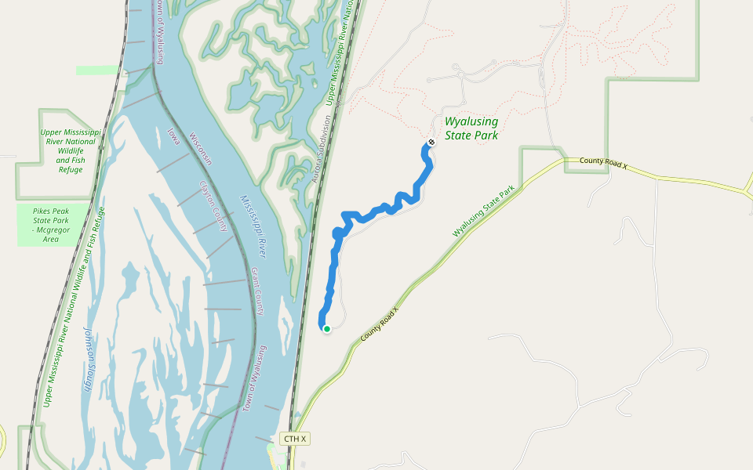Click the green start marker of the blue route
coord(326,329)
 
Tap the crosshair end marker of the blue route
coord(431,142)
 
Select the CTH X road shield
coord(294,439)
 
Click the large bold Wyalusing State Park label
coord(471,128)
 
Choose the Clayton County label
coord(213,207)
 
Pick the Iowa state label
coord(173,136)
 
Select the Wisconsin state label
coord(202,148)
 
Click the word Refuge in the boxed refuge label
coord(70,170)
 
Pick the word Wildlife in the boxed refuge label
coord(70,151)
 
